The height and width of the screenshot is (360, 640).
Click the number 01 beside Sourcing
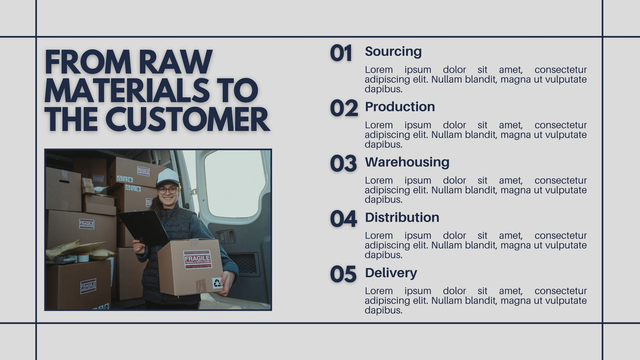pos(340,53)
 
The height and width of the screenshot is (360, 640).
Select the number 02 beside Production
pos(344,108)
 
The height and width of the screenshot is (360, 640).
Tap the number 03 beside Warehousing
pos(343,164)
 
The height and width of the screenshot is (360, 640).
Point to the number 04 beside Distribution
pos(343,219)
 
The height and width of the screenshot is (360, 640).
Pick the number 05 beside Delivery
pos(343,274)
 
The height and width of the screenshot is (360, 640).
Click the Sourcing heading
pos(393,52)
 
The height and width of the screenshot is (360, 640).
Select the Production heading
pos(400,106)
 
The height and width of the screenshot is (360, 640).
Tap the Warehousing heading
pos(407,162)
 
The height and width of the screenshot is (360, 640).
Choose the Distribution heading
pos(402,218)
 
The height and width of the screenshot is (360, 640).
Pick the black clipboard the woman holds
pos(144,227)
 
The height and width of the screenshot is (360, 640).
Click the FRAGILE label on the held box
pos(198,259)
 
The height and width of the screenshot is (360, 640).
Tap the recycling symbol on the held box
pos(217,283)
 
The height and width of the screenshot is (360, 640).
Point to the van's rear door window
pos(235,183)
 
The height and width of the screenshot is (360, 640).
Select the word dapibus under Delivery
pos(384,310)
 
